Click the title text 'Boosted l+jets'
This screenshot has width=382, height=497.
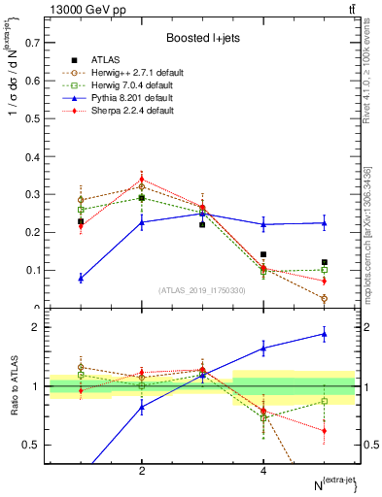tap(202, 38)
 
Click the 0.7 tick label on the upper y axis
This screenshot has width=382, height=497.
tap(33, 43)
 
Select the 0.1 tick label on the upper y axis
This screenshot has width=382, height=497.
tap(33, 271)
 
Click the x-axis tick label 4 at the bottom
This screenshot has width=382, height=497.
tap(263, 471)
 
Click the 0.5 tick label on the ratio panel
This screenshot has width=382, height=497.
tap(33, 445)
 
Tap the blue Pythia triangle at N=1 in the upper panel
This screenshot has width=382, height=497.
tap(81, 279)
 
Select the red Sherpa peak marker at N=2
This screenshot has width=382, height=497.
tap(142, 180)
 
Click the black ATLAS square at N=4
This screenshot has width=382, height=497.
tap(263, 255)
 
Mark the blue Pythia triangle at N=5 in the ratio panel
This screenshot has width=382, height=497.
tap(324, 334)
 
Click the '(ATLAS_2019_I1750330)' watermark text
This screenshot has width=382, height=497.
tap(201, 289)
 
